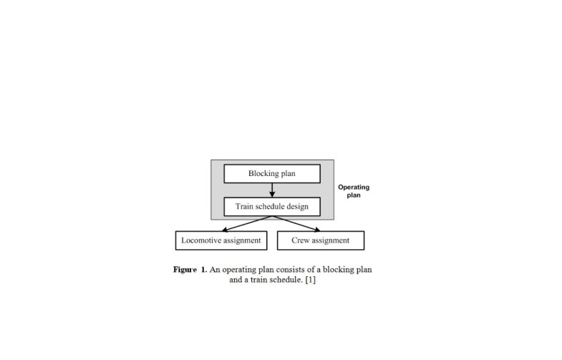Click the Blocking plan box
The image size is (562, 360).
click(272, 174)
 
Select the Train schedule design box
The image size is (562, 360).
click(272, 207)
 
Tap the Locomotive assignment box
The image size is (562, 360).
click(221, 240)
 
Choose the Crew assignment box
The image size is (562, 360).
click(320, 240)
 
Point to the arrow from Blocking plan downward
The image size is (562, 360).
click(272, 190)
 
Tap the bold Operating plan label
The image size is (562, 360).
click(354, 191)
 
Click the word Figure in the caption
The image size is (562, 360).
click(185, 270)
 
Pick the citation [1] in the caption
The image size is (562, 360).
click(309, 281)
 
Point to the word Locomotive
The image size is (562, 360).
click(202, 240)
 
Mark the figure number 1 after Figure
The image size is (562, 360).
click(203, 270)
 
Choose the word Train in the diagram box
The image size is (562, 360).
click(246, 207)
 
